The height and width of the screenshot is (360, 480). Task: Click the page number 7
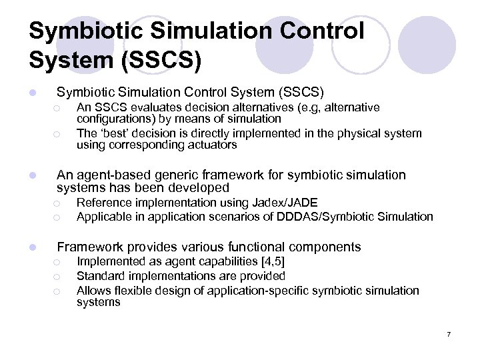click(x=449, y=333)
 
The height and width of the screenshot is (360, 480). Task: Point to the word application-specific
click(x=261, y=291)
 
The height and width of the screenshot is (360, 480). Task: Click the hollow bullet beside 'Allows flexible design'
click(x=59, y=291)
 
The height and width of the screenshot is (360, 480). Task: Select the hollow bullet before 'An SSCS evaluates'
click(x=59, y=108)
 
